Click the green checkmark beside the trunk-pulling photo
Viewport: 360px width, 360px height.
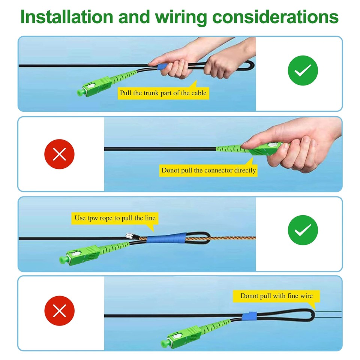click(x=303, y=70)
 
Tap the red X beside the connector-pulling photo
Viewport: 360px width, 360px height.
click(x=60, y=154)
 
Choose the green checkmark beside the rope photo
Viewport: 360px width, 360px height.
click(x=303, y=230)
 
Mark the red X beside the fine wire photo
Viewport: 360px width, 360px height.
click(x=60, y=310)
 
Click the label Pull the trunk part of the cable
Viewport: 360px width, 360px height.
click(x=163, y=93)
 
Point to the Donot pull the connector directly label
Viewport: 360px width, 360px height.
click(x=209, y=170)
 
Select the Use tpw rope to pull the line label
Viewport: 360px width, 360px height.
click(x=115, y=218)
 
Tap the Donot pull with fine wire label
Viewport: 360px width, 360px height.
click(x=276, y=296)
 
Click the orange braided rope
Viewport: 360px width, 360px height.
click(x=232, y=239)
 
